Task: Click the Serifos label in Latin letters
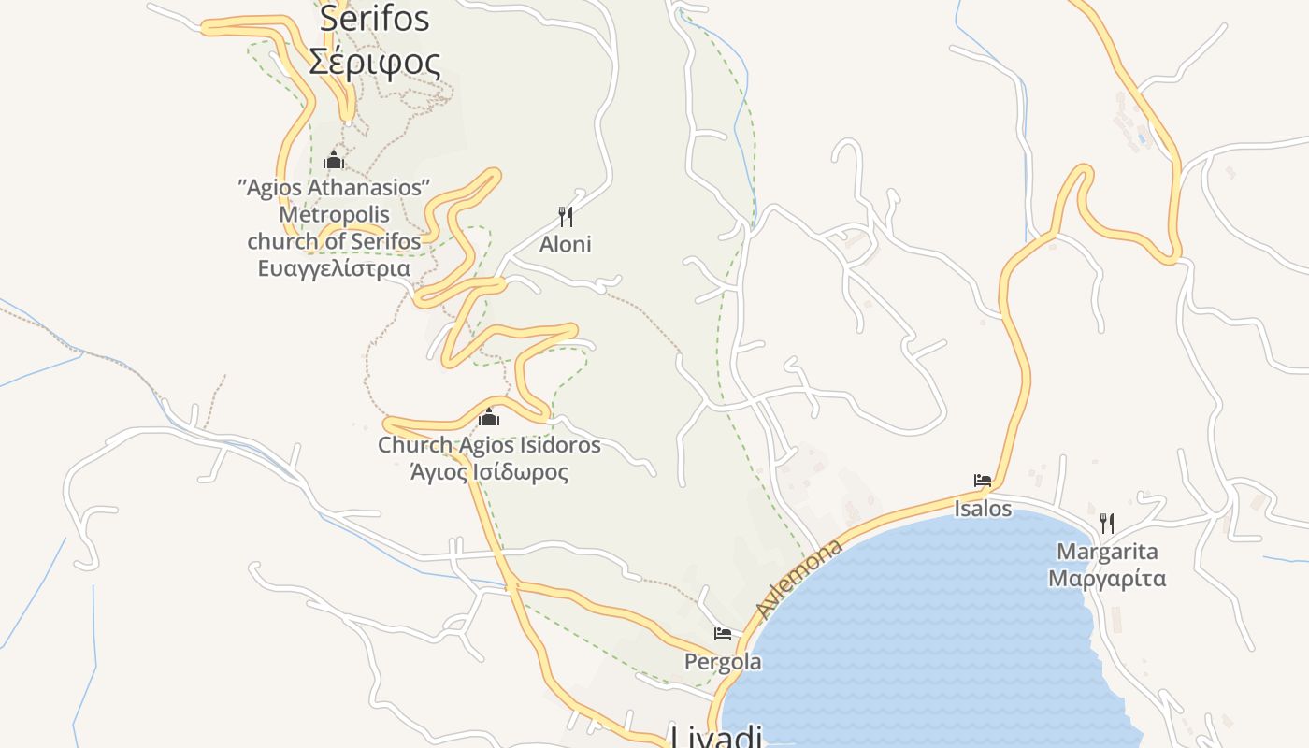(x=374, y=19)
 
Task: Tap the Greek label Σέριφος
(x=374, y=62)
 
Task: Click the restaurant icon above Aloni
(x=565, y=217)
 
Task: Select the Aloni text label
(x=565, y=244)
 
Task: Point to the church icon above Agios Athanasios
(x=334, y=160)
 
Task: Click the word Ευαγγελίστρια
(x=334, y=268)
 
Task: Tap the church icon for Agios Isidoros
(x=488, y=417)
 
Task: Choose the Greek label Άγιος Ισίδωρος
(x=489, y=471)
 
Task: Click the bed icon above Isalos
(x=982, y=481)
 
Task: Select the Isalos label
(x=983, y=509)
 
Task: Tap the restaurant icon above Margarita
(x=1106, y=523)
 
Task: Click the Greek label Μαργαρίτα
(x=1107, y=578)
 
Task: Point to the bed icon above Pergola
(x=722, y=634)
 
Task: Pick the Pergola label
(x=723, y=662)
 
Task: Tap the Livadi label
(x=716, y=737)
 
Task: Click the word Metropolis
(x=334, y=214)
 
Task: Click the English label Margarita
(x=1107, y=552)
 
